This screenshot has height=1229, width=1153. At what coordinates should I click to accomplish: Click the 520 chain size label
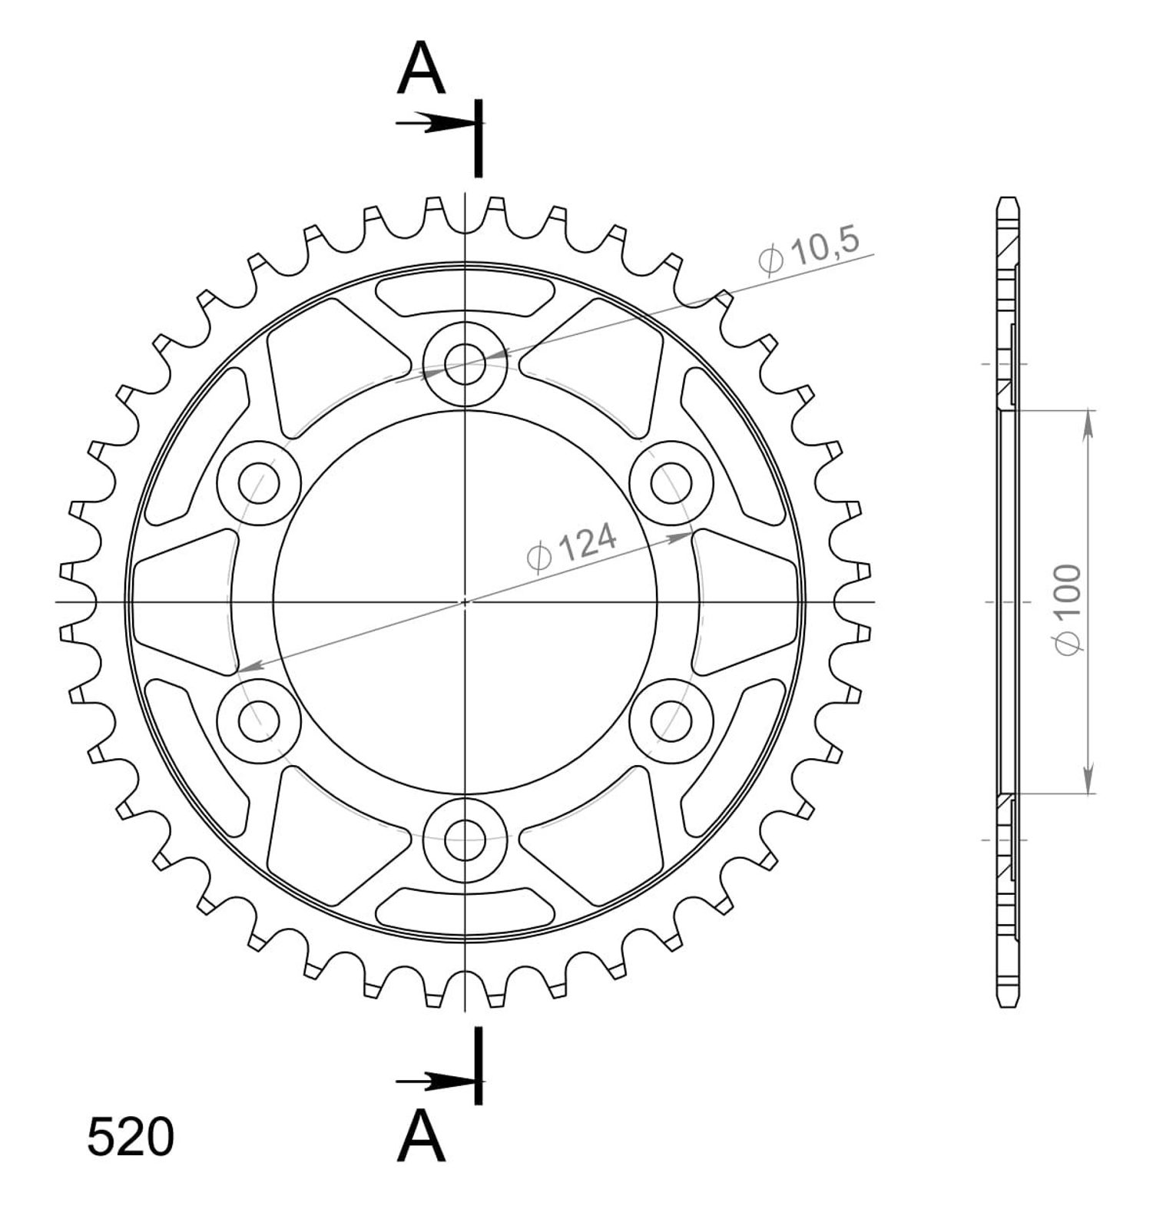(131, 1138)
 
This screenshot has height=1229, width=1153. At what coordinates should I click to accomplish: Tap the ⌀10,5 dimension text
(807, 250)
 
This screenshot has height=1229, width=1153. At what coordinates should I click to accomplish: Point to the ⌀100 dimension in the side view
(1069, 610)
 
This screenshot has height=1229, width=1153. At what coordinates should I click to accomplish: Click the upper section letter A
(421, 68)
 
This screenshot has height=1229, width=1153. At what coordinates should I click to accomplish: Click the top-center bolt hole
(465, 363)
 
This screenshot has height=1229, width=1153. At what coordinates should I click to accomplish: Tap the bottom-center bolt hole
(465, 840)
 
